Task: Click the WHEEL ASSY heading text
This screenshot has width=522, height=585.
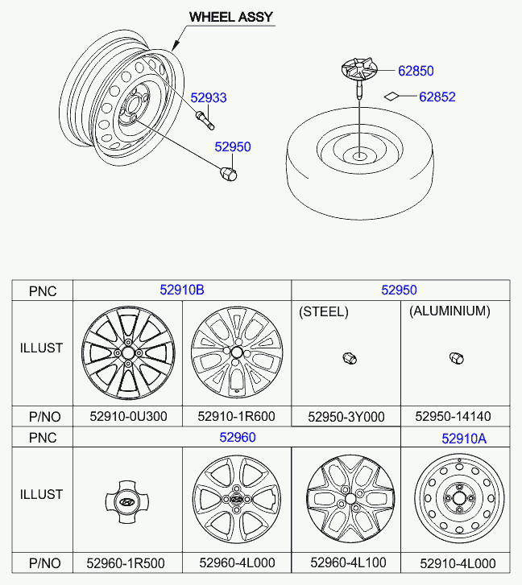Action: coord(230,16)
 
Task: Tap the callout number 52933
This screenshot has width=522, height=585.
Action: coord(209,98)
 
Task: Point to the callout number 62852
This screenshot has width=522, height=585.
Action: coord(437,97)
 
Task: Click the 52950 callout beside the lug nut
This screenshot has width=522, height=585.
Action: coord(232,147)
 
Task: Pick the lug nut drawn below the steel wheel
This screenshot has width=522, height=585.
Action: coord(228,172)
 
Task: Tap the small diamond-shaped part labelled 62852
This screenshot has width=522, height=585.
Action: coord(391,97)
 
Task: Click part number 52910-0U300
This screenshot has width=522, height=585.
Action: coord(127,417)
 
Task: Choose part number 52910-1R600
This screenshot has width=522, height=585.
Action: coord(236,417)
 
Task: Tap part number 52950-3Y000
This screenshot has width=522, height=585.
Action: coord(346,417)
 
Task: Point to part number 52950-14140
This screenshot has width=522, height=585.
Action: coord(453,417)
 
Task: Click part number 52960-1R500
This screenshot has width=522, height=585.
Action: coord(127,563)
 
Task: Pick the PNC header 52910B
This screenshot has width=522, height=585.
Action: coord(181,290)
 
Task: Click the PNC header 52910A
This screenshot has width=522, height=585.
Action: coord(463,439)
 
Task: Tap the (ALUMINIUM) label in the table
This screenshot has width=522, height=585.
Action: coord(449,311)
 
